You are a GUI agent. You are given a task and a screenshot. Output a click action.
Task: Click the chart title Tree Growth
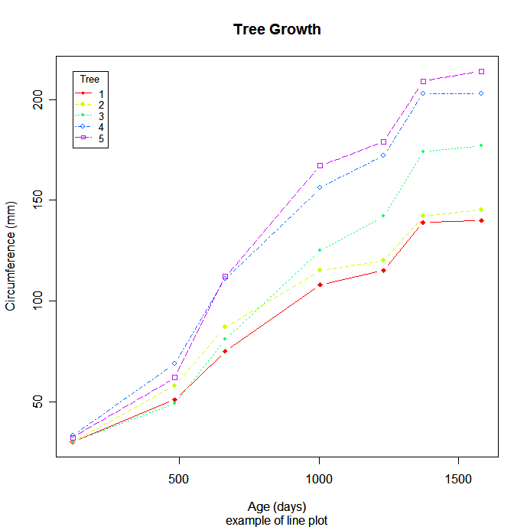(277, 30)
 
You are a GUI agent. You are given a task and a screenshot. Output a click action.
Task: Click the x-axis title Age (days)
(277, 506)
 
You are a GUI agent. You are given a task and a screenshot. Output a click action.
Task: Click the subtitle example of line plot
(277, 520)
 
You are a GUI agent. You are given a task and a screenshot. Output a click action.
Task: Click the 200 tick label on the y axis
(34, 99)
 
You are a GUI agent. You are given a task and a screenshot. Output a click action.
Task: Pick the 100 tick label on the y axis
(34, 301)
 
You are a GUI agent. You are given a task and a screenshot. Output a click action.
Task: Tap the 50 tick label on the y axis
(34, 402)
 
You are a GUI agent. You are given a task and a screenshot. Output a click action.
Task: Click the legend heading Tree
(90, 79)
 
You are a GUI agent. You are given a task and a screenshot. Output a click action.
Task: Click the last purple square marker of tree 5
(481, 71)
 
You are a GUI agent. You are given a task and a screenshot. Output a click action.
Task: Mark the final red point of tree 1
(481, 220)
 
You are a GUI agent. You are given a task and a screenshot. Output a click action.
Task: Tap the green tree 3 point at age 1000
(320, 250)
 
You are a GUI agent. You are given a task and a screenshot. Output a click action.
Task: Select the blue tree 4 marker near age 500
(174, 363)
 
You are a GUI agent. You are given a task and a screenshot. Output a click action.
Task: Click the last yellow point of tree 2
(481, 210)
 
